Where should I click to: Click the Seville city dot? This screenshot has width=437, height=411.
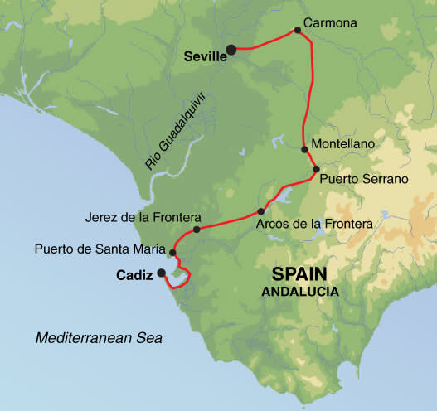click(232, 49)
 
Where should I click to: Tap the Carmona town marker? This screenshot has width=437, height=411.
click(296, 31)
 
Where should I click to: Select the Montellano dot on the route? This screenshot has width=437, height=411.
click(305, 150)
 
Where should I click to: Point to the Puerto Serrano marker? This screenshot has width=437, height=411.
click(316, 169)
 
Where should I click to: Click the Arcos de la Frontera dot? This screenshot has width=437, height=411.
click(261, 210)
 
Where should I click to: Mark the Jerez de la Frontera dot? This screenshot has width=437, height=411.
click(197, 230)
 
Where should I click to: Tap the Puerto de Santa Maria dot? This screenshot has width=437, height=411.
click(172, 253)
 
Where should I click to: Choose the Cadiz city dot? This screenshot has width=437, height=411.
click(161, 272)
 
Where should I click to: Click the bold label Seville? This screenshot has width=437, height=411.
click(203, 56)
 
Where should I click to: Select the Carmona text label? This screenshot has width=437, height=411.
click(331, 23)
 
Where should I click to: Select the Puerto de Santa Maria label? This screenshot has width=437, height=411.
click(99, 248)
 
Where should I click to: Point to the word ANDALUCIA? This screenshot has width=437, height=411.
click(300, 292)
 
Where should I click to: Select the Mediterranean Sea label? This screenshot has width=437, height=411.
click(100, 338)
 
